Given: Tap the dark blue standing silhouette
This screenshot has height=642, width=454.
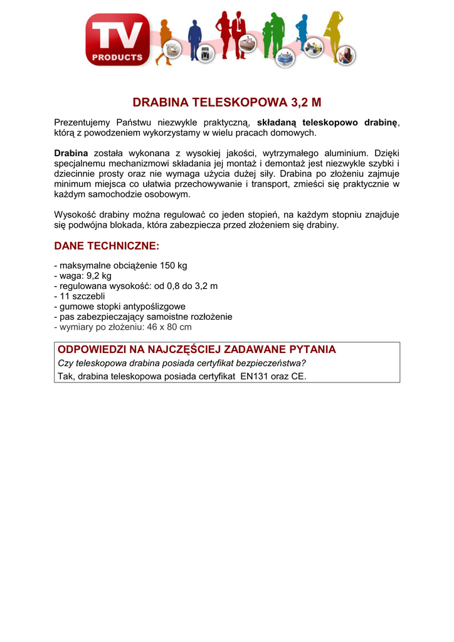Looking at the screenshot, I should pyautogui.click(x=194, y=39).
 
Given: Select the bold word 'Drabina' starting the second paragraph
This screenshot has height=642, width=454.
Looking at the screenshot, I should pyautogui.click(x=71, y=153).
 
